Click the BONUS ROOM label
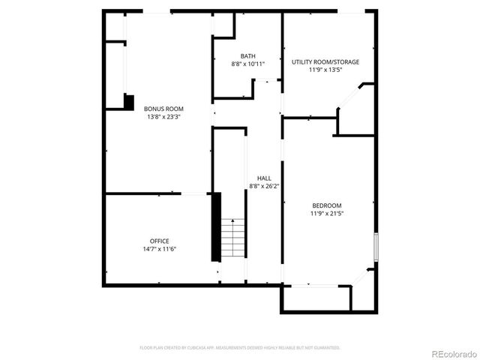pyautogui.click(x=163, y=109)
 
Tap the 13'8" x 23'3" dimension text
pyautogui.click(x=163, y=117)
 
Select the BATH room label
pyautogui.click(x=247, y=56)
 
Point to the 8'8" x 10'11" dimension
pyautogui.click(x=247, y=64)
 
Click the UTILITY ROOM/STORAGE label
pyautogui.click(x=325, y=61)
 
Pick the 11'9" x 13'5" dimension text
pyautogui.click(x=325, y=70)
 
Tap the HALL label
pyautogui.click(x=264, y=178)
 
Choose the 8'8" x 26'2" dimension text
pyautogui.click(x=264, y=186)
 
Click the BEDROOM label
pyautogui.click(x=327, y=205)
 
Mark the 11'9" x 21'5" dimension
pyautogui.click(x=327, y=214)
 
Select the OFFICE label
pyautogui.click(x=159, y=241)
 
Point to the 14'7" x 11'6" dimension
pyautogui.click(x=159, y=249)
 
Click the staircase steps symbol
pyautogui.click(x=233, y=238)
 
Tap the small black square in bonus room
pyautogui.click(x=128, y=102)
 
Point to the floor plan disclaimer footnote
pyautogui.click(x=240, y=348)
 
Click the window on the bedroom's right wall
pyautogui.click(x=376, y=247)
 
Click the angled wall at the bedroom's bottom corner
pyautogui.click(x=363, y=277)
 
